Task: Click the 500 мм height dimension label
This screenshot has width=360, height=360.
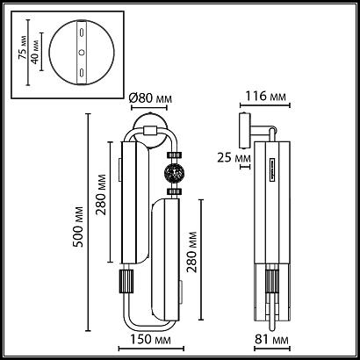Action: tap(78, 227)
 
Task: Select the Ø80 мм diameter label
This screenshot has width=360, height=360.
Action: tap(150, 98)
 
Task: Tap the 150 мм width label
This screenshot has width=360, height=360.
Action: tap(150, 340)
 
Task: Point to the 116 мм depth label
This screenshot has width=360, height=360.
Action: tap(265, 96)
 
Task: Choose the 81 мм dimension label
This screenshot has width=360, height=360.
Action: tap(271, 340)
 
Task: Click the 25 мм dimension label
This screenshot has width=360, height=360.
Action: tap(234, 158)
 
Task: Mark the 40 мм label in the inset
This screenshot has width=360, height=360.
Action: tap(35, 52)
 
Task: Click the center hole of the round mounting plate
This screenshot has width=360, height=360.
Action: tap(82, 52)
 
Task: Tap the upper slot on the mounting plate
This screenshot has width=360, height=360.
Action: tap(82, 32)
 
